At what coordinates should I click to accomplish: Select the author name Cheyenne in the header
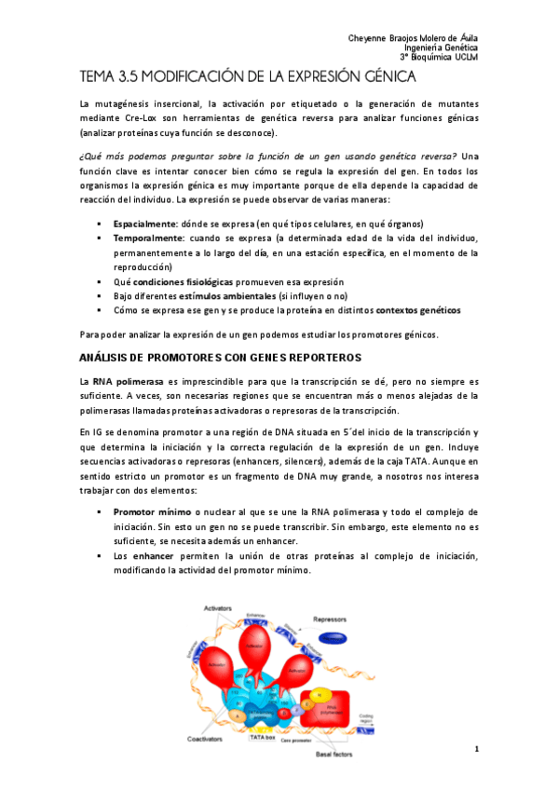[x=367, y=37]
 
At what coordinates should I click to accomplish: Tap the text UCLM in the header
[x=465, y=58]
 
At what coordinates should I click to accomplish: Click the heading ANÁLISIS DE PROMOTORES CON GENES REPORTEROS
[x=220, y=357]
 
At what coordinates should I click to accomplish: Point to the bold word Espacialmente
[x=144, y=225]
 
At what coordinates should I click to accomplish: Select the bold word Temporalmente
[x=146, y=238]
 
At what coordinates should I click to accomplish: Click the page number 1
[x=476, y=750]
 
